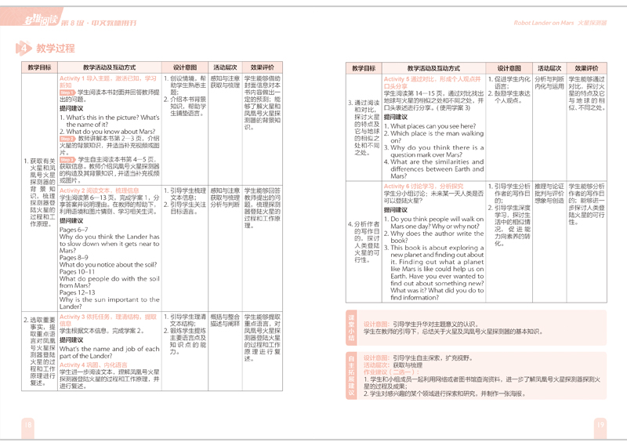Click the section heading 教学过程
[56, 49]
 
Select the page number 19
[600, 426]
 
